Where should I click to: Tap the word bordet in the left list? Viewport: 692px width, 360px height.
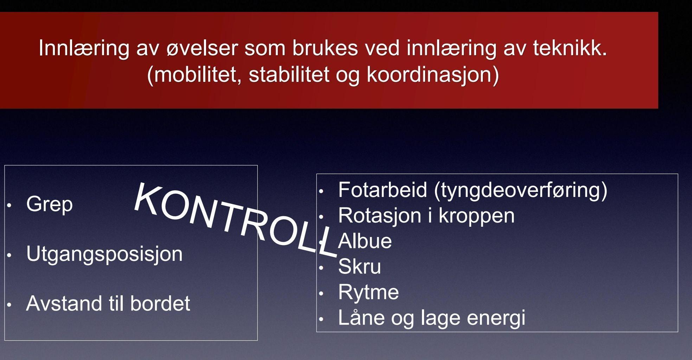[160, 303]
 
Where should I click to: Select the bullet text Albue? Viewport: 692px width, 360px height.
[365, 241]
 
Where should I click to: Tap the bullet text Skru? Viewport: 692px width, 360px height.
[359, 266]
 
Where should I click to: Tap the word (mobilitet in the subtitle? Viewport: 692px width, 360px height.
[194, 75]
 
